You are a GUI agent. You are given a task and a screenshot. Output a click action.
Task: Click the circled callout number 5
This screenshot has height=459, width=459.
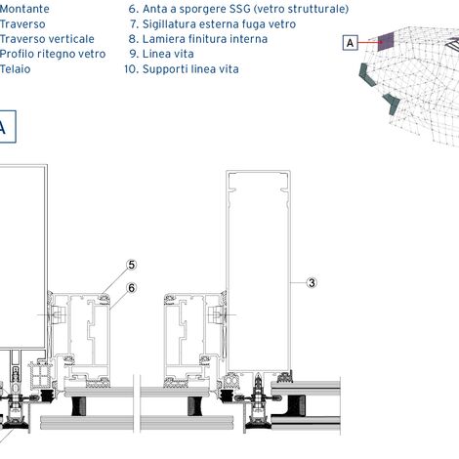click(x=132, y=265)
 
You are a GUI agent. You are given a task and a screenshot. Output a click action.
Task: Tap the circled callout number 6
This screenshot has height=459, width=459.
click(x=132, y=288)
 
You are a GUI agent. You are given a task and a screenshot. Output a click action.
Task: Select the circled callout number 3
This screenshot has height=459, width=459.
click(x=312, y=282)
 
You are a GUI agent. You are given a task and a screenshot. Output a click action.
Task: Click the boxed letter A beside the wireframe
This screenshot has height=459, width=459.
click(x=351, y=43)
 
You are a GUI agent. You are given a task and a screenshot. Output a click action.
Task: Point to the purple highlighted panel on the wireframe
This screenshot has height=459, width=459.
click(x=386, y=41)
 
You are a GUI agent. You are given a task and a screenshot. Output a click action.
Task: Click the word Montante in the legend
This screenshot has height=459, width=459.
click(x=24, y=9)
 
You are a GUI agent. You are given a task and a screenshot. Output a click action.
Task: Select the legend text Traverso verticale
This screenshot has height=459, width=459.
click(x=47, y=39)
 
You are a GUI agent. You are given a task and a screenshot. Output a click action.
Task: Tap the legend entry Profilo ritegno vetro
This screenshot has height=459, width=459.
click(x=53, y=54)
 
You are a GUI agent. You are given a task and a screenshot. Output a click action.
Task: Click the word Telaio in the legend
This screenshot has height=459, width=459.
click(x=15, y=69)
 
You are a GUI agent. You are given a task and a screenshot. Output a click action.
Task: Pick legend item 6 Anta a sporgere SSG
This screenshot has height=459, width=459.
click(x=238, y=9)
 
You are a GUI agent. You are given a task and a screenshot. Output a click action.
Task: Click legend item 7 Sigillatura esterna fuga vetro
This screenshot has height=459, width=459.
click(x=213, y=24)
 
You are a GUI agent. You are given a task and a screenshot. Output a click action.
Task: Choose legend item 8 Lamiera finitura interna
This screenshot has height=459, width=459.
click(x=198, y=39)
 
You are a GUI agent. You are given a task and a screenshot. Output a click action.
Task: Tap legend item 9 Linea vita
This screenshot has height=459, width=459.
click(x=161, y=54)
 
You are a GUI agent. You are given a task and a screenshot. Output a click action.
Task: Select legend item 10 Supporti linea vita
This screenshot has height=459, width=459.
click(x=182, y=69)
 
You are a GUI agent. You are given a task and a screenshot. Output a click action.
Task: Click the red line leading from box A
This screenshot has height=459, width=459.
click(x=368, y=42)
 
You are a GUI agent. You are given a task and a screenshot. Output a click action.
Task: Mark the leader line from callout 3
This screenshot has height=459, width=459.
click(x=298, y=282)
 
